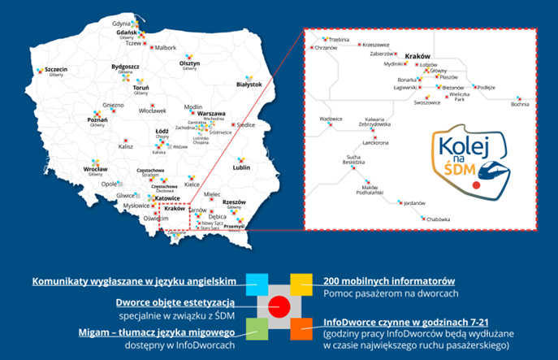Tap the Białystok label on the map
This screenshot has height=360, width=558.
pyautogui.click(x=249, y=84)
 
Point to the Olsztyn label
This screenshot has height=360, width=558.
pyautogui.click(x=189, y=63)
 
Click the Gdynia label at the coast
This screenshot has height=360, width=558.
pyautogui.click(x=122, y=24)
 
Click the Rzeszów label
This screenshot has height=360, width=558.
pyautogui.click(x=234, y=202)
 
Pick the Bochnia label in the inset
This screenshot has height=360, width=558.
pyautogui.click(x=520, y=104)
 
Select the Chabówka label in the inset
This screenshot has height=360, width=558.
pyautogui.click(x=436, y=219)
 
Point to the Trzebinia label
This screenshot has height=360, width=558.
pyautogui.click(x=338, y=39)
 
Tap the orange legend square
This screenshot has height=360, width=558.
pyautogui.click(x=301, y=328)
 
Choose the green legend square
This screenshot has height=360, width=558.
pyautogui.click(x=257, y=328)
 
